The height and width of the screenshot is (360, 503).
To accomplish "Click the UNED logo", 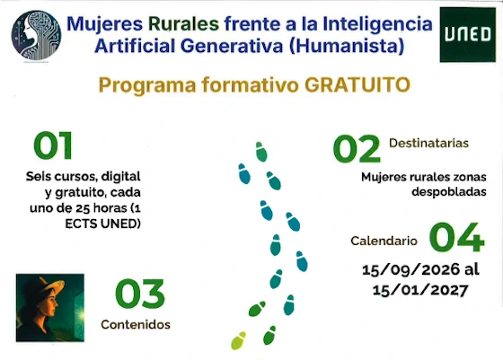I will point(468,35).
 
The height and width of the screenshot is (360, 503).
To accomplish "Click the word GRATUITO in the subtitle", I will point(357,85).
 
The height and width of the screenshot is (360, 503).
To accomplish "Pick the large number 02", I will point(357,149).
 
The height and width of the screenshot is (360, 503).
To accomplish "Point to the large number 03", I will point(139,294).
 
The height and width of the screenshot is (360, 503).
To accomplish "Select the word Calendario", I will point(384,241).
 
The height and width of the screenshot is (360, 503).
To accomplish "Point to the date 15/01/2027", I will point(421,289).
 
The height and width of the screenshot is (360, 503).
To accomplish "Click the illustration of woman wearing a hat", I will point(49,308).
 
